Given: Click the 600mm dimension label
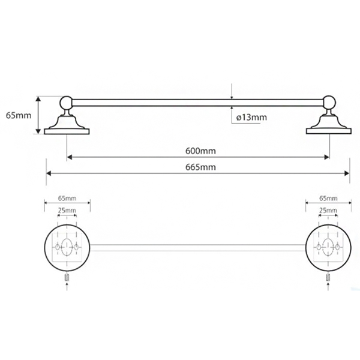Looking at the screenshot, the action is click(200, 151).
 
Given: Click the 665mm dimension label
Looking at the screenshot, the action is click(200, 167).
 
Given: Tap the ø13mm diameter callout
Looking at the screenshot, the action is click(251, 118).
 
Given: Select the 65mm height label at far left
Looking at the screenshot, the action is click(19, 115).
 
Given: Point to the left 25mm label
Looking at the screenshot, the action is click(67, 210).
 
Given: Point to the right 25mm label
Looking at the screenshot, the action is click(328, 210).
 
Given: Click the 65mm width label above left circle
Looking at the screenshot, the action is click(67, 198).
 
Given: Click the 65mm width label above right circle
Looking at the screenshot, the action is click(328, 198).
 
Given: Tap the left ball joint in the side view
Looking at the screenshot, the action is click(67, 103).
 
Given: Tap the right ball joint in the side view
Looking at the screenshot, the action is click(329, 103).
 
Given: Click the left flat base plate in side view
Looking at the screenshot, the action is click(67, 131).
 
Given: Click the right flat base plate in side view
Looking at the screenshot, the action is click(329, 131).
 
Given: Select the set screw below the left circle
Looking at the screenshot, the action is click(67, 278).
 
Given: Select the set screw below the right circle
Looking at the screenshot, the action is click(328, 278).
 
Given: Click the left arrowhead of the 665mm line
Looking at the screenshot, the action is click(49, 173).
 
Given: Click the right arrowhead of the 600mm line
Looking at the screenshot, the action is click(327, 157).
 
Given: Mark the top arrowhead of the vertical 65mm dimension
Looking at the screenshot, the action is click(38, 99).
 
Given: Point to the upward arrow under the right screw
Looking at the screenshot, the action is click(328, 287).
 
